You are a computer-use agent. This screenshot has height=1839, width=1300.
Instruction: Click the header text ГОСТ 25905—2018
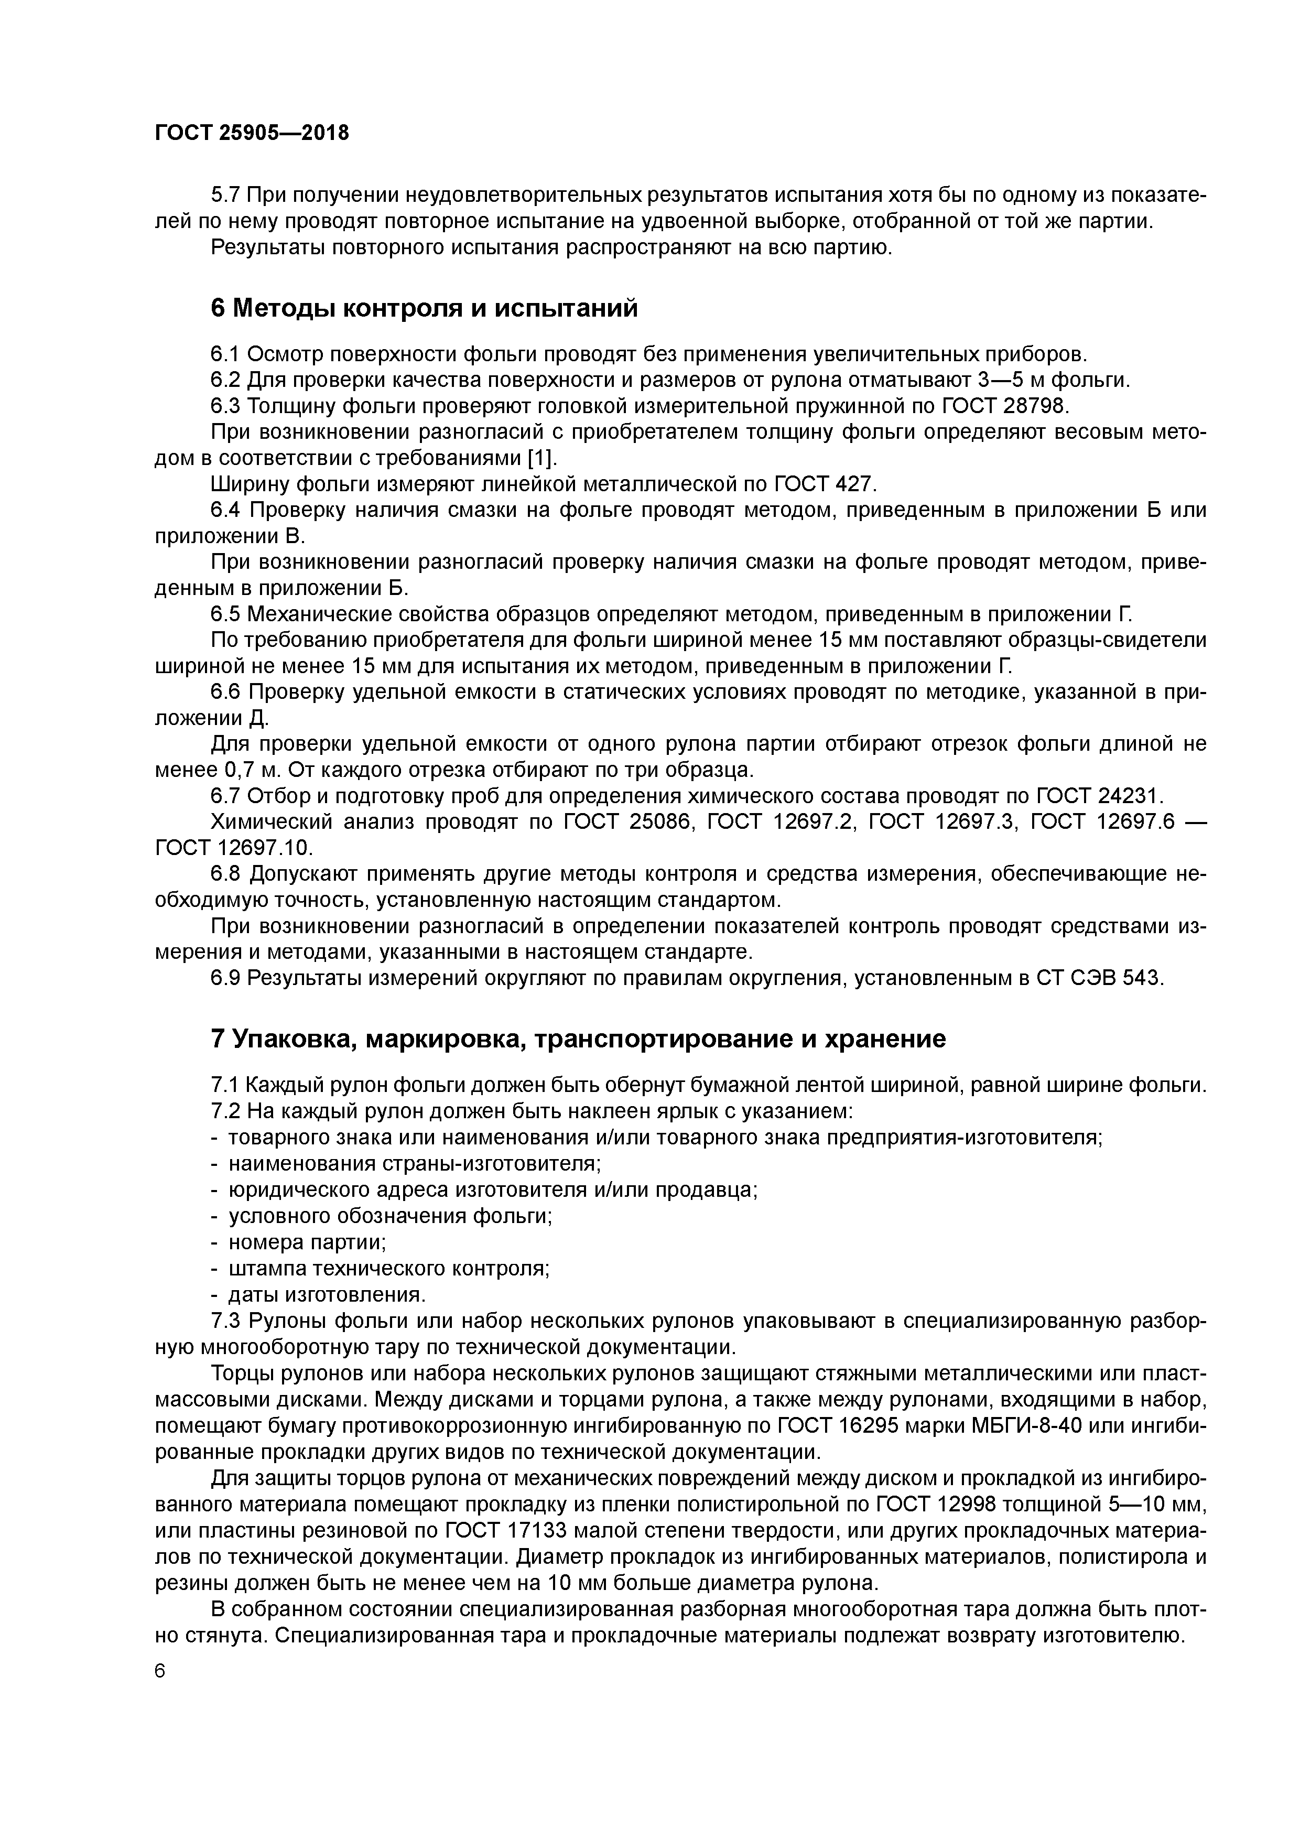pos(252,133)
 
